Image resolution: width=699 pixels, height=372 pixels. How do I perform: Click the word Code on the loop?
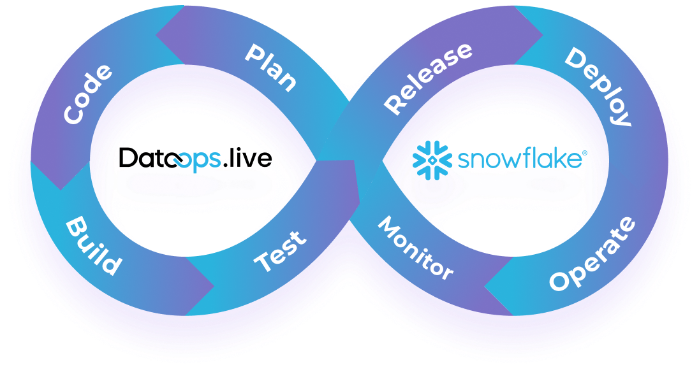click(88, 94)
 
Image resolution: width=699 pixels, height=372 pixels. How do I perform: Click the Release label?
click(428, 78)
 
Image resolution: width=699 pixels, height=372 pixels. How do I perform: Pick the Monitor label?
click(415, 248)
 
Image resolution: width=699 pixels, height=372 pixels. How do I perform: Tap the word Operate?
click(592, 254)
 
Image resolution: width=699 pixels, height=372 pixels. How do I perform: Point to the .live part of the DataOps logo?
click(248, 159)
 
